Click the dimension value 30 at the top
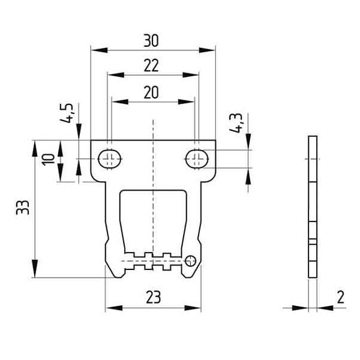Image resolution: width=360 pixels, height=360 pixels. tap(151, 41)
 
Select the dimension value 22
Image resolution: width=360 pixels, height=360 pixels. tap(151, 65)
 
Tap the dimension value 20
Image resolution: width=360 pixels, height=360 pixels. tap(151, 92)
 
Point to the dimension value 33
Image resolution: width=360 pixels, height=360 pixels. tap(23, 208)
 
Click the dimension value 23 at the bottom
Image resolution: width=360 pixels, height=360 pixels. tap(154, 297)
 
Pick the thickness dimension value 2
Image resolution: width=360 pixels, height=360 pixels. tap(341, 297)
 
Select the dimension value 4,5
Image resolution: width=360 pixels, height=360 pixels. tap(67, 113)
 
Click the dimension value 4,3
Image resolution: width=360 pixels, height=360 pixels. tap(236, 123)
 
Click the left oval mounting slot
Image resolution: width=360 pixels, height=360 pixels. tap(110, 159)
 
